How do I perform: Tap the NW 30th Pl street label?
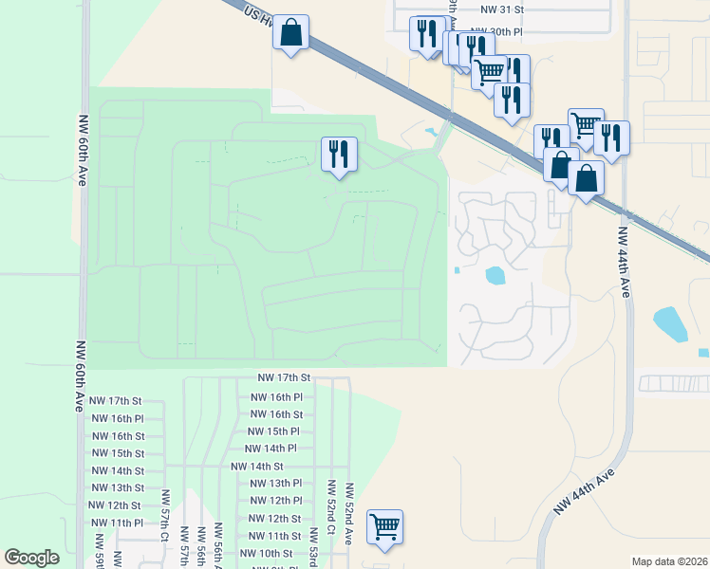[x=502, y=31]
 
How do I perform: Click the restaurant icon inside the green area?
[x=339, y=154]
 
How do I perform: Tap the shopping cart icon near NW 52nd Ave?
[x=384, y=526]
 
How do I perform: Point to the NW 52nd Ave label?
[x=348, y=512]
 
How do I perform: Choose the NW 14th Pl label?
[x=271, y=449]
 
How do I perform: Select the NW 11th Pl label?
[x=116, y=523]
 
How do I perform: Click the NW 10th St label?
[x=266, y=553]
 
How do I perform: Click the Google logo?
[x=31, y=558]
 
